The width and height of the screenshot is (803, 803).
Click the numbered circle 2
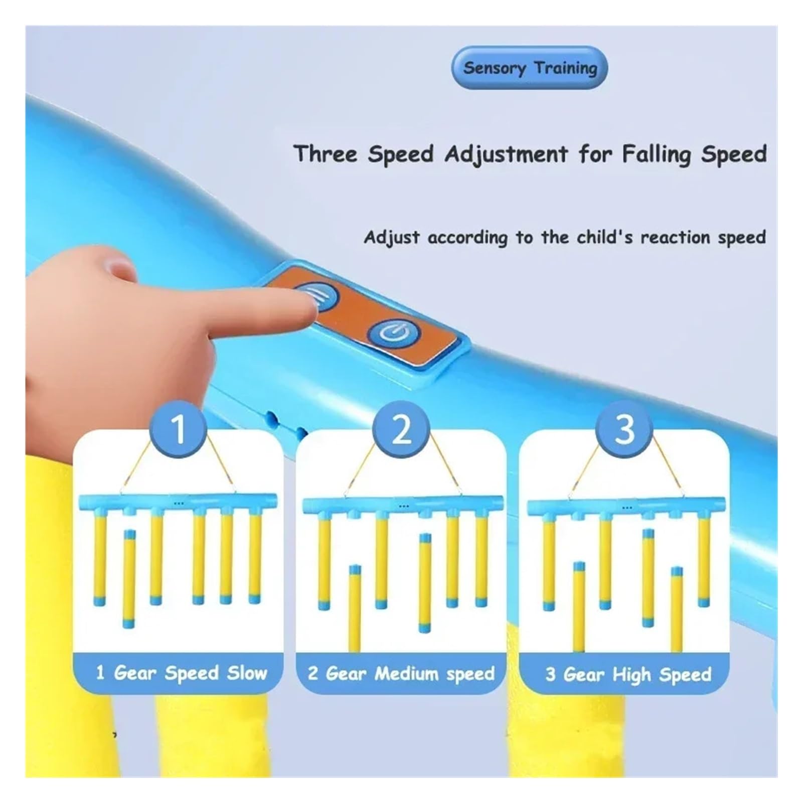[401, 428]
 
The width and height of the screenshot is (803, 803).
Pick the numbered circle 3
[624, 428]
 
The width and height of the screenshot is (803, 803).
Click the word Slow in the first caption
[247, 673]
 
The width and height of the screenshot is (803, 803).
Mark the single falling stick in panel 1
[129, 578]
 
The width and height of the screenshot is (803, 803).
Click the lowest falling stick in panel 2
[355, 608]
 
